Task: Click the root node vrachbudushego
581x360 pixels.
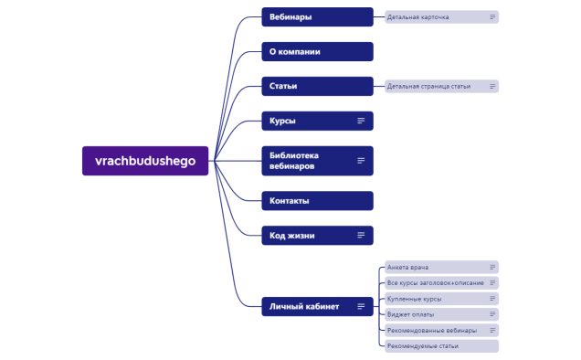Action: [145, 160]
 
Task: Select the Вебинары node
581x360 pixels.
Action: [317, 17]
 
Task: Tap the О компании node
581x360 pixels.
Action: [317, 52]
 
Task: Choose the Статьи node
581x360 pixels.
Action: [317, 86]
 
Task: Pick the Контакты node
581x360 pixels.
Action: [317, 200]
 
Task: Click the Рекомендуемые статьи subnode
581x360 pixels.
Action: [438, 346]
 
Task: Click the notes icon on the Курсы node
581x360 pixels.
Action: [361, 121]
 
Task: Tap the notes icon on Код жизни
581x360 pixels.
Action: [361, 235]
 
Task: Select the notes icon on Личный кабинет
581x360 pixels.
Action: [361, 306]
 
